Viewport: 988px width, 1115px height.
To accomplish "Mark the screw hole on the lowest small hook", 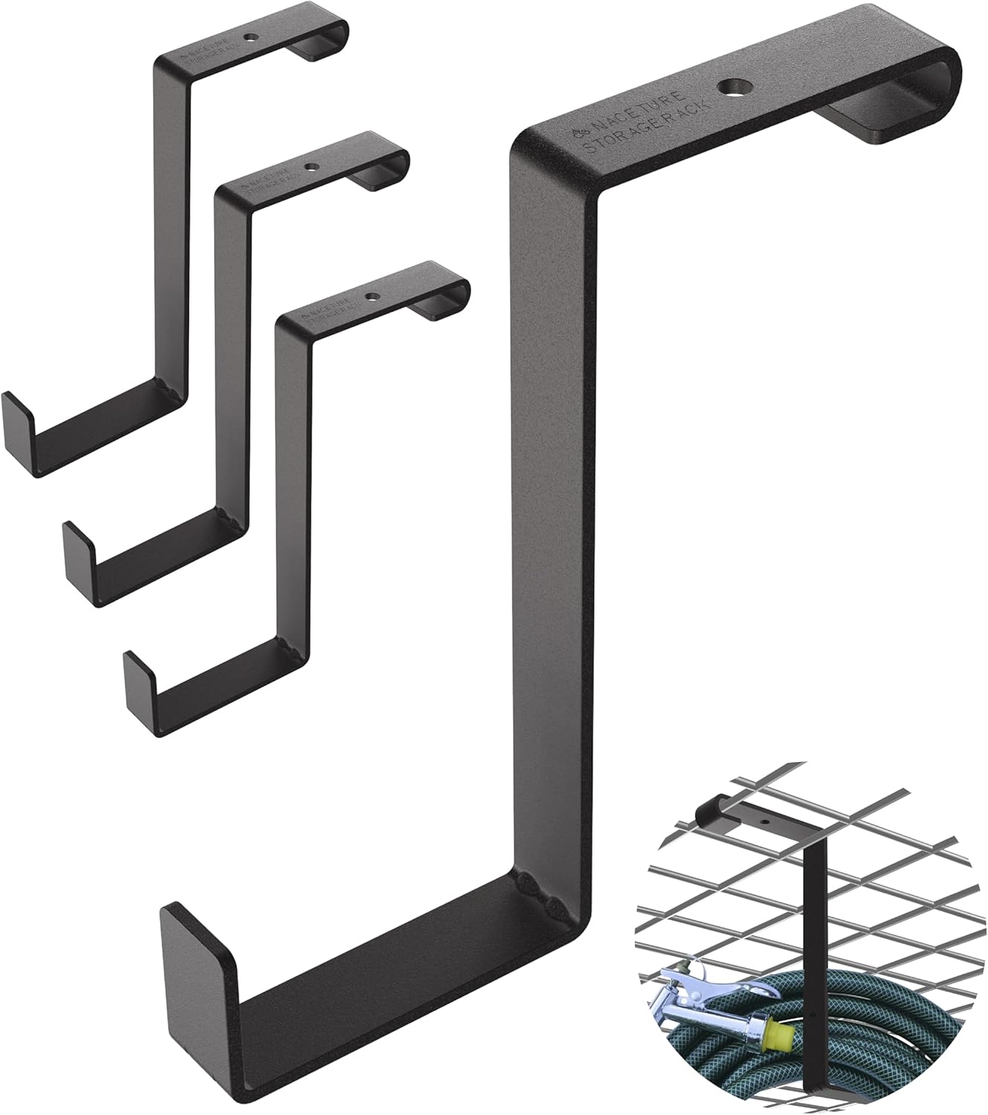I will (x=371, y=296).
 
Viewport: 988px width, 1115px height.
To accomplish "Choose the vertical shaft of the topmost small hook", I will (x=170, y=223).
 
